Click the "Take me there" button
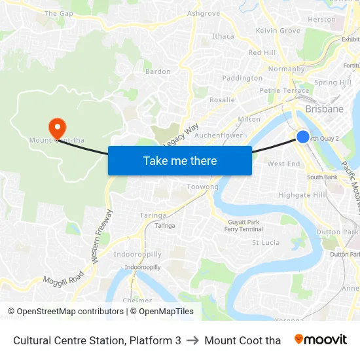[x=180, y=160]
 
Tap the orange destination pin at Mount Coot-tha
[x=57, y=126]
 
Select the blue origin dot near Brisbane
[x=303, y=136]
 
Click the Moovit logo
[x=321, y=340]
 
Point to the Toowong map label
[x=202, y=187]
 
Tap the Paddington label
[x=242, y=78]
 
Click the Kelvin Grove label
[x=278, y=31]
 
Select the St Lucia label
[x=266, y=242]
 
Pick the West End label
[x=284, y=164]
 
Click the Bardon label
[x=158, y=71]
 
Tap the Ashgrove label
[x=204, y=13]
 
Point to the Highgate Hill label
[x=302, y=195]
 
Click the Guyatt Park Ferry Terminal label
[x=243, y=226]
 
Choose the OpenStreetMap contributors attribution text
[x=70, y=312]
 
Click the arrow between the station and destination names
[x=192, y=340]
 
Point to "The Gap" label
[x=58, y=13]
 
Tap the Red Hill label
[x=262, y=52]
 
